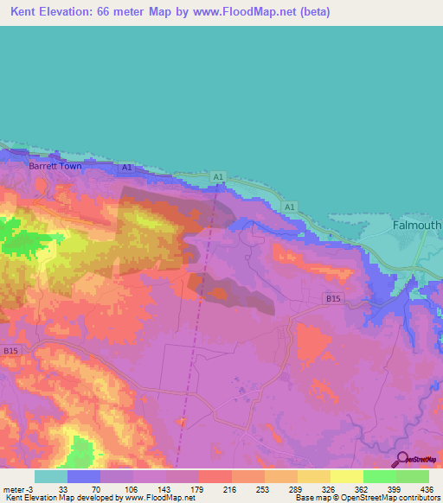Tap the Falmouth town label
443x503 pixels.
417,225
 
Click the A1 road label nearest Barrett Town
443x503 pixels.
127,167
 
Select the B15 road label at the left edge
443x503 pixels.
10,351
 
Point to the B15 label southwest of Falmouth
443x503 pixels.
333,297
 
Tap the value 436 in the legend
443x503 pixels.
426,489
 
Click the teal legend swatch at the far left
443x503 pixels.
50,476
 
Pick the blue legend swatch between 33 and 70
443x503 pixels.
84,476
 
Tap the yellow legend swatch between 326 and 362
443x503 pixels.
346,476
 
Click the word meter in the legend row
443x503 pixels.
14,489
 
